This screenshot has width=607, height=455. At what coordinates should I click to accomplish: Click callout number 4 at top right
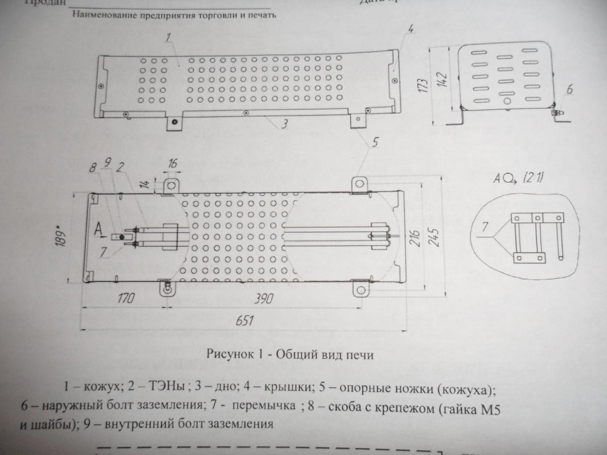click(411, 28)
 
